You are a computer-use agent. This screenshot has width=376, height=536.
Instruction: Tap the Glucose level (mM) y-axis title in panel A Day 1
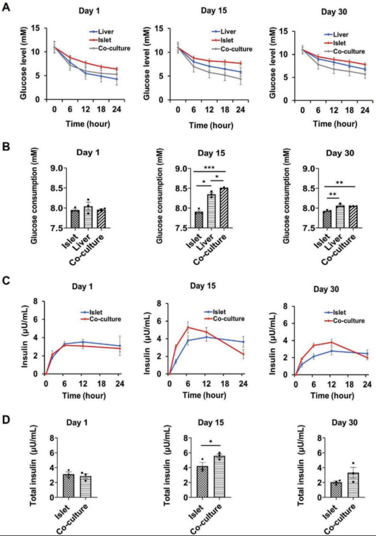pos(24,61)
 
